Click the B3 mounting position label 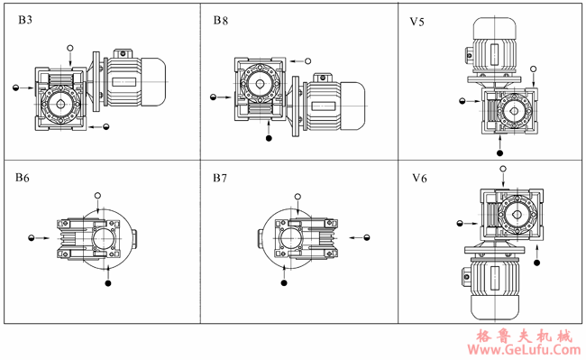(x=25, y=20)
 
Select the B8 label (x=221, y=20)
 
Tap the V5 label (x=417, y=22)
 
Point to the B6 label (x=23, y=178)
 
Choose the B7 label (x=220, y=178)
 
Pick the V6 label (x=419, y=179)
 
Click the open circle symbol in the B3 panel (x=70, y=48)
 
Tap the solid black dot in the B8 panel (x=269, y=138)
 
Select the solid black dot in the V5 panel (x=499, y=152)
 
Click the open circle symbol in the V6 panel (x=503, y=169)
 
